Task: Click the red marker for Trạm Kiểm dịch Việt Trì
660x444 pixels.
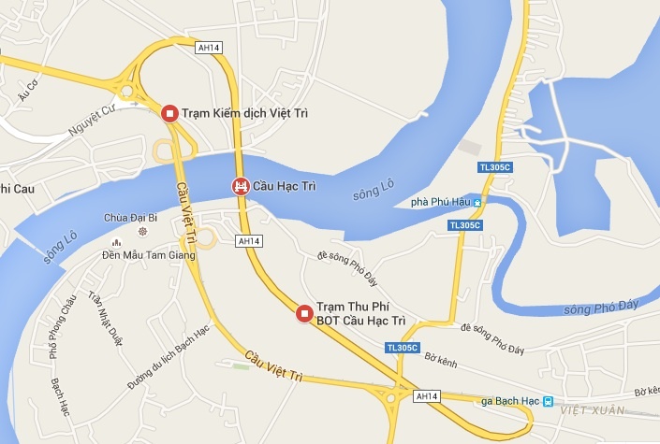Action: tap(169, 113)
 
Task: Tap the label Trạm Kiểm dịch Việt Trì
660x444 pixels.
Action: tap(244, 114)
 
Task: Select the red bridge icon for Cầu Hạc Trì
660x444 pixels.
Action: tap(241, 186)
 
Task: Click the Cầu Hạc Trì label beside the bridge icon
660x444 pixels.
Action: tap(286, 187)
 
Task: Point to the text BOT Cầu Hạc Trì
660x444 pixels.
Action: tap(360, 321)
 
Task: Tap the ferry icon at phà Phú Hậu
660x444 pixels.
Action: tap(477, 202)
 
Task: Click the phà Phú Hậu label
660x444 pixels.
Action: tap(440, 202)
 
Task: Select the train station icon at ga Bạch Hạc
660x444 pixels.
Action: tap(548, 402)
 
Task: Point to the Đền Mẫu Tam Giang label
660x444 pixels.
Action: tap(148, 253)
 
